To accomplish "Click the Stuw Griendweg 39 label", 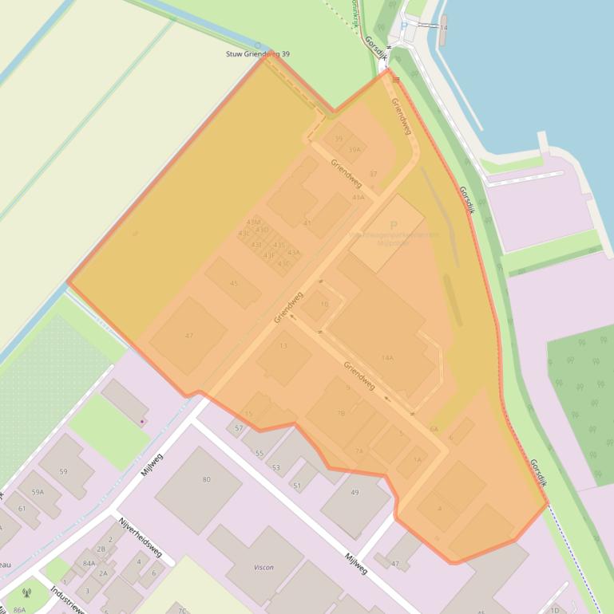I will (x=257, y=54).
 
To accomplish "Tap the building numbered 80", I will (x=206, y=479).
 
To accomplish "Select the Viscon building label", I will (x=263, y=567).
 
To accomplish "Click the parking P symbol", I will (x=393, y=226).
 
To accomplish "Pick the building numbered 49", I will (x=355, y=493).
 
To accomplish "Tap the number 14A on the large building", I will (x=387, y=357).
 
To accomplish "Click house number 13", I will (x=283, y=346).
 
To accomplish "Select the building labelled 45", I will (x=233, y=284).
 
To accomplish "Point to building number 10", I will (x=324, y=304).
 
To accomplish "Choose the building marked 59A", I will (x=38, y=492).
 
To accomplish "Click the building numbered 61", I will (x=22, y=509).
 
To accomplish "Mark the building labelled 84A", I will (x=89, y=563).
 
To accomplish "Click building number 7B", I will (x=341, y=413).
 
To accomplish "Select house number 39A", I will (x=355, y=149).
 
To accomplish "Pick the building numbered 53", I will (x=275, y=467).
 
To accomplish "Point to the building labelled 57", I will (x=239, y=428).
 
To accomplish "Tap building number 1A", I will (x=417, y=459).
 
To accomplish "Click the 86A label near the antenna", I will (x=18, y=609).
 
